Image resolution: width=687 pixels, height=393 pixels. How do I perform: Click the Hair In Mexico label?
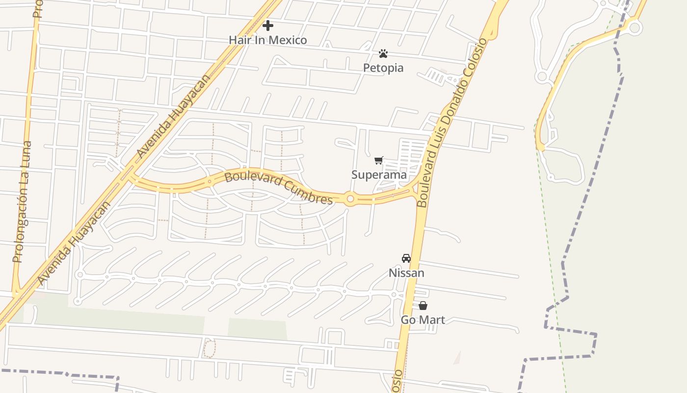point(268,40)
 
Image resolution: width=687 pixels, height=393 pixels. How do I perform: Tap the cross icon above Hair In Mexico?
point(268,25)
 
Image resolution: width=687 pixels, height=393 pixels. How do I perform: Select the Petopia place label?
point(383,68)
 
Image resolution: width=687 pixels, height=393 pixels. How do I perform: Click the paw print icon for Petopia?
point(383,53)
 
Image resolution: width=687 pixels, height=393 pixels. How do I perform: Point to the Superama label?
point(379,174)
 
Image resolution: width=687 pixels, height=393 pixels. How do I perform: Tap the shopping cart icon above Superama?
point(378,160)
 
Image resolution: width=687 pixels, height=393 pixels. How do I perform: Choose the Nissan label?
point(406,273)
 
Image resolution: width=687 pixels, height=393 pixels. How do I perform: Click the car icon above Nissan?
point(406,258)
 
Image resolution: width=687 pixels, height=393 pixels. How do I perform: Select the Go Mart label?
point(423,320)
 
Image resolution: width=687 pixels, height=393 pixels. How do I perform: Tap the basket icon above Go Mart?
point(423,306)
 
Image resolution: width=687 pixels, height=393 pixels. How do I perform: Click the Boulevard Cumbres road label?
point(279,188)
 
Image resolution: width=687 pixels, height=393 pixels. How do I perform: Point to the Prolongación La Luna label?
point(22,201)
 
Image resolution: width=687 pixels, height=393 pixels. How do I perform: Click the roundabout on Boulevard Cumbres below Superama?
point(350,199)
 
